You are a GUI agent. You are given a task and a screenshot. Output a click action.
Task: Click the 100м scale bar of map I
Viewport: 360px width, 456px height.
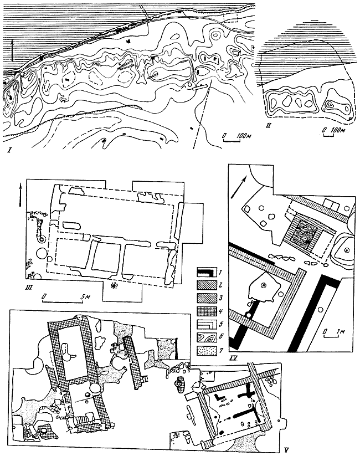(x=231, y=140)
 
